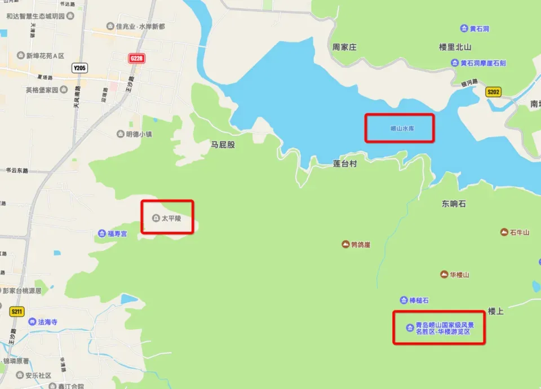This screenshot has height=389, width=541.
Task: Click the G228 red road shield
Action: point(137,58)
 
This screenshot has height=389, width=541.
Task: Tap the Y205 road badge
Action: point(79,68)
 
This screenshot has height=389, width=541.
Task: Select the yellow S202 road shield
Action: point(494,92)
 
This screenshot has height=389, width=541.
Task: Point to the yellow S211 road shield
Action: point(17,311)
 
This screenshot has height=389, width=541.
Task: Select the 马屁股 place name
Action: point(223,145)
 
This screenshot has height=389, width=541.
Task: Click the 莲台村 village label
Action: point(345,164)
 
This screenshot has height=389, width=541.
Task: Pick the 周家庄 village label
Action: point(344,47)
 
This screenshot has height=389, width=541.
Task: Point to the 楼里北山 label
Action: point(455,47)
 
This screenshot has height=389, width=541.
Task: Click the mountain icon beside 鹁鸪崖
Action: point(345,244)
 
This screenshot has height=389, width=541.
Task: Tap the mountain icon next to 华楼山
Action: point(444,275)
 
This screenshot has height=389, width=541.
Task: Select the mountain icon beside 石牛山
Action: point(504,232)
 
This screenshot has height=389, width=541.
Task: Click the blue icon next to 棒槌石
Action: point(403,300)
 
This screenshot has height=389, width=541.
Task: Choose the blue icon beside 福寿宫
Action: point(101,233)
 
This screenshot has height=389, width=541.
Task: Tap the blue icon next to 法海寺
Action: point(32,322)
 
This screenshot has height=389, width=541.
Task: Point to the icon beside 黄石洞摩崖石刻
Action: point(454,63)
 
